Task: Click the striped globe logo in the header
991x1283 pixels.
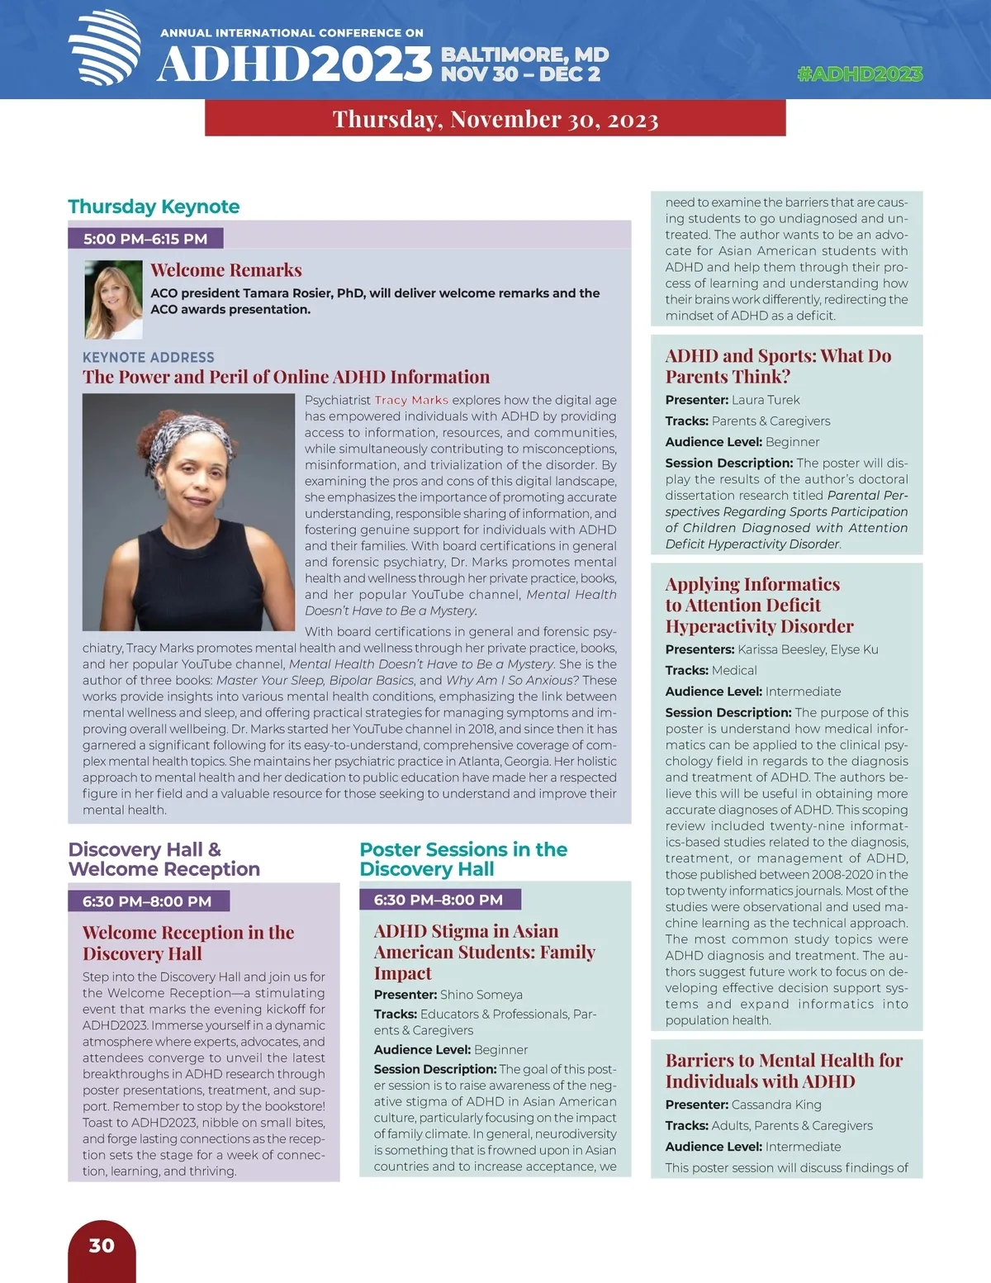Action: pos(105,48)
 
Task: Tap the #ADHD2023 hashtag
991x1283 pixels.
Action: pos(860,74)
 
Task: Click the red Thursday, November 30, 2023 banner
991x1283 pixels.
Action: pos(495,119)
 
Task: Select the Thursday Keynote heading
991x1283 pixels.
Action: pos(154,207)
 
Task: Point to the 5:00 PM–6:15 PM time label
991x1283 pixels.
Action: pos(145,239)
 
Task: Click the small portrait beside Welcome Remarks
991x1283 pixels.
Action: pos(113,299)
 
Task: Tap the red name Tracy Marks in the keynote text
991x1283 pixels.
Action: pos(411,400)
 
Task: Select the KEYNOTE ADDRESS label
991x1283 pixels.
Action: pos(149,357)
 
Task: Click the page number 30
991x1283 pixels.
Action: pos(102,1246)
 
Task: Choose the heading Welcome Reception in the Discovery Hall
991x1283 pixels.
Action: pos(188,943)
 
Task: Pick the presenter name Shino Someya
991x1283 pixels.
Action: pos(481,995)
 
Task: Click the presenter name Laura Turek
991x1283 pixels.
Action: pos(766,400)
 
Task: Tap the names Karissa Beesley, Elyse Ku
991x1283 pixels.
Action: pos(808,649)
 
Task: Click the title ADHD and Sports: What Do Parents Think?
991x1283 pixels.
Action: pos(778,366)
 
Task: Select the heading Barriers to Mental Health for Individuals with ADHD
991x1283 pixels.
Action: pos(784,1071)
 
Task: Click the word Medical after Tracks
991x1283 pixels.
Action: pos(734,670)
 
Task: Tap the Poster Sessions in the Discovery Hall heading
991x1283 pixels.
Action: pos(463,859)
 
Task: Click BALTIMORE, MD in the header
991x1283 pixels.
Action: pos(524,55)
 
